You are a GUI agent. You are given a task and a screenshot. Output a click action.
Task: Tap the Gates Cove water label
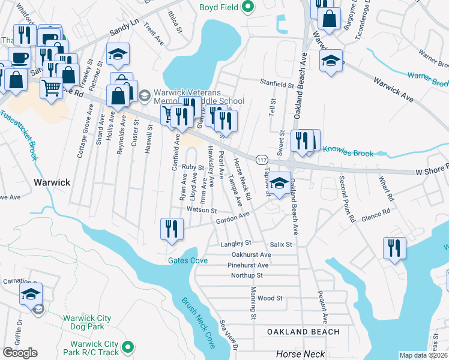[x=188, y=260]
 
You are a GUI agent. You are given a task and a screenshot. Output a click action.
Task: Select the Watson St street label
[x=201, y=211]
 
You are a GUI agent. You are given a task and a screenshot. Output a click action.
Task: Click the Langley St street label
[x=235, y=244]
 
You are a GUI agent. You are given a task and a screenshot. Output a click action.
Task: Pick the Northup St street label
[x=247, y=275]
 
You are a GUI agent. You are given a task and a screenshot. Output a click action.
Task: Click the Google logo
[x=20, y=352]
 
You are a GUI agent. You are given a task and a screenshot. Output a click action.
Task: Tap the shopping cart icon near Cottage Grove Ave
[x=52, y=88]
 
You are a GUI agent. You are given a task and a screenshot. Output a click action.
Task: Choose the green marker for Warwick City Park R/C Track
[x=127, y=347]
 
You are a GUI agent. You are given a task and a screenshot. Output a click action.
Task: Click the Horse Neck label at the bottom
[x=300, y=355]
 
